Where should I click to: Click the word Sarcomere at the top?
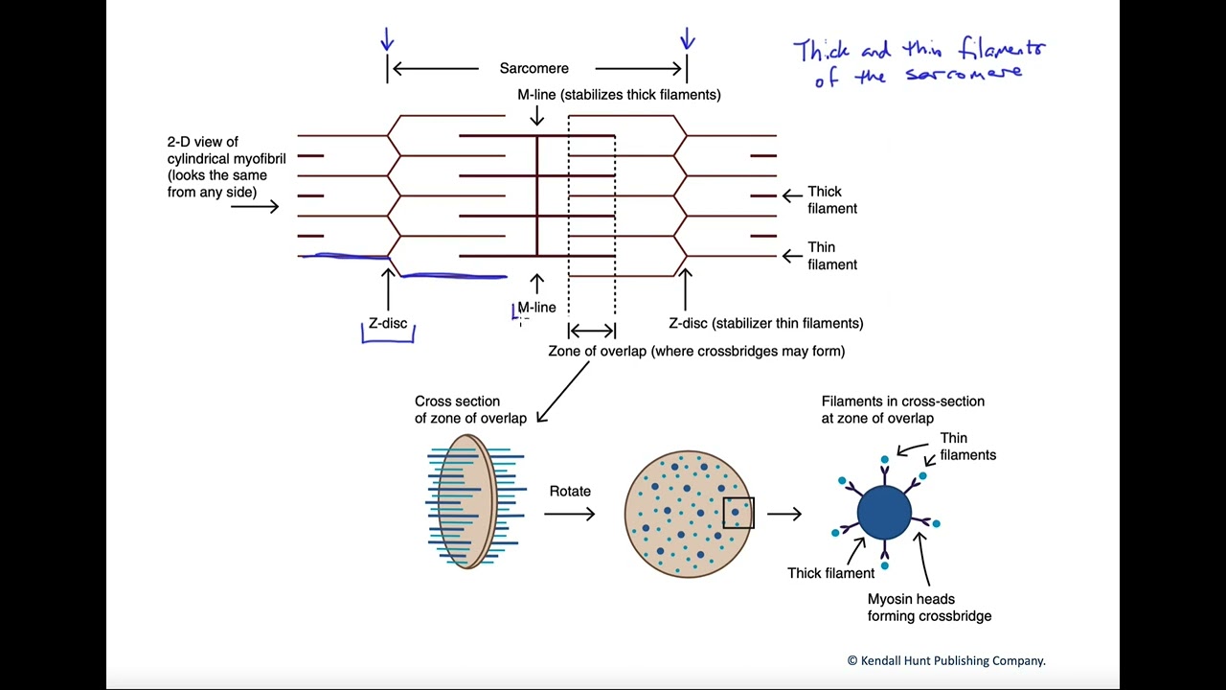tap(534, 68)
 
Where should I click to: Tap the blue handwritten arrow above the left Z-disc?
tap(387, 39)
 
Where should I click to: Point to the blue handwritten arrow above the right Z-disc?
tap(687, 39)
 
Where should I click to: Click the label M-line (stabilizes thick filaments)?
tap(619, 95)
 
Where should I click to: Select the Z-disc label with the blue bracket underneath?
tap(388, 324)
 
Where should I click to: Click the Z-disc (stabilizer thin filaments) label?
tap(765, 324)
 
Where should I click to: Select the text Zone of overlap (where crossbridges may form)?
tap(696, 352)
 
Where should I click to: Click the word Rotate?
tap(570, 492)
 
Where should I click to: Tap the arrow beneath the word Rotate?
tap(570, 515)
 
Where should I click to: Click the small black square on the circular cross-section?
tap(738, 513)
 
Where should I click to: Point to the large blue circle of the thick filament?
tap(884, 513)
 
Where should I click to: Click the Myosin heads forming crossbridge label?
tap(929, 608)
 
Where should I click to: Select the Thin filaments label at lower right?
tap(967, 447)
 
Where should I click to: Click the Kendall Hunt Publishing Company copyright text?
tap(945, 660)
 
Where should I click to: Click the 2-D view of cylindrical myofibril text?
tap(226, 167)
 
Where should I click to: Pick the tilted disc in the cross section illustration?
tap(466, 501)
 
